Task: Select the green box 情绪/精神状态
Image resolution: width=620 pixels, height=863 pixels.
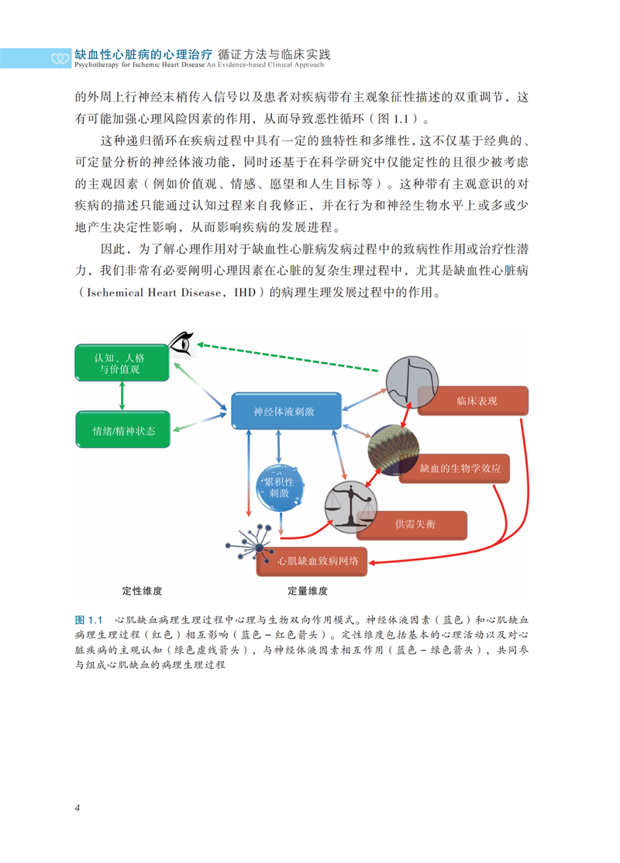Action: coord(123,430)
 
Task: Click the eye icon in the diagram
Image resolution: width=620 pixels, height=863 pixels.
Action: coord(183,343)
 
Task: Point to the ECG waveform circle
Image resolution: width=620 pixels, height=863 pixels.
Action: coord(408,382)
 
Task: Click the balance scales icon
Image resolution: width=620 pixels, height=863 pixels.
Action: coord(350,505)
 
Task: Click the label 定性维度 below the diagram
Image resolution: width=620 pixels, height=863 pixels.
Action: coord(143,591)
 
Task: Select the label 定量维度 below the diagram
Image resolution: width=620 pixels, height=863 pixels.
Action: coord(308,591)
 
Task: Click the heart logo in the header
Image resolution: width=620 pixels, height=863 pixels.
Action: coord(60,58)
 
